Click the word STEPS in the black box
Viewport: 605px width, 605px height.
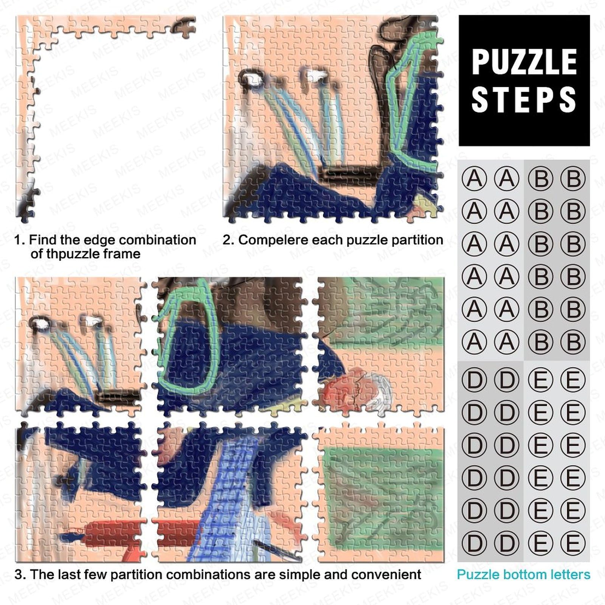pos(524,99)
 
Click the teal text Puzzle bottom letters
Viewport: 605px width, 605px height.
pos(524,574)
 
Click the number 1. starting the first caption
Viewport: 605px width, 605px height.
pos(20,240)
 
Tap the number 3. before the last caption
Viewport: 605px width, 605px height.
pos(20,574)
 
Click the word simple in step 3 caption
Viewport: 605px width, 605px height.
pos(300,575)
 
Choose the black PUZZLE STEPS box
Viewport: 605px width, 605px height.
pos(524,81)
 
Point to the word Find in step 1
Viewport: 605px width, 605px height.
pos(40,240)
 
